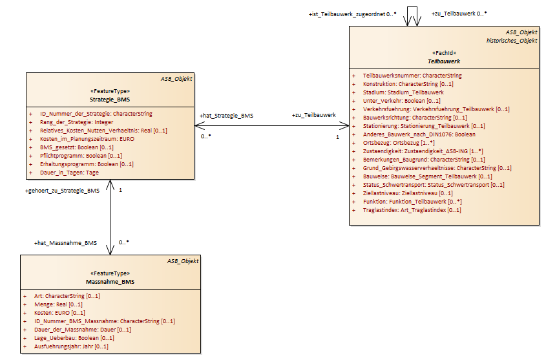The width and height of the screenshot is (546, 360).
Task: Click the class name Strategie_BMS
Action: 110,100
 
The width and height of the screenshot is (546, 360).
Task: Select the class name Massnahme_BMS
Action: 110,282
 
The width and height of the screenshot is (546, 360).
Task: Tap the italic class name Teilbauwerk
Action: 444,61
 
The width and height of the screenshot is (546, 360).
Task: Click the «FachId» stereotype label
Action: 444,53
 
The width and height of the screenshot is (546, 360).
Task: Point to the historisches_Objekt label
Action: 512,41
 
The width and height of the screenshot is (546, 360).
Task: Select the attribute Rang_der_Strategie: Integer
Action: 77,122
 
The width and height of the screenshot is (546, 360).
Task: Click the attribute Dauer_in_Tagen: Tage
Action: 69,173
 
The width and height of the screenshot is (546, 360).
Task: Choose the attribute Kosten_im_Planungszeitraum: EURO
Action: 87,139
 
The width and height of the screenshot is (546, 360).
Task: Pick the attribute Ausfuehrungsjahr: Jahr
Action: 71,346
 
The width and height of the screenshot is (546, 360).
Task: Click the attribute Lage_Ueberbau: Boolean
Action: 74,338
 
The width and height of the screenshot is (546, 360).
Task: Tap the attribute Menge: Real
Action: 58,304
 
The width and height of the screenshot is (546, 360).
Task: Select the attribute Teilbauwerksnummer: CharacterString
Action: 412,76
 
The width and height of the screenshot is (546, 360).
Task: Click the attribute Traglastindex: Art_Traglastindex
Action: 412,210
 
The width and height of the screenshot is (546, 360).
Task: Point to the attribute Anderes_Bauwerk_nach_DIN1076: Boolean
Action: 419,134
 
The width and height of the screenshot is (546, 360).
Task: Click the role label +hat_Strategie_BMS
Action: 226,116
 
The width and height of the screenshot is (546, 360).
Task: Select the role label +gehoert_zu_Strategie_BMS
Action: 62,191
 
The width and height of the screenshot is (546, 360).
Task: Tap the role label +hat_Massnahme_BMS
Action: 65,243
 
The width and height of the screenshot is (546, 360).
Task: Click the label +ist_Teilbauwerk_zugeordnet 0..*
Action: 352,14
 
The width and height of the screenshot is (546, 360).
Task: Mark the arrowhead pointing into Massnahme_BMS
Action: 110,250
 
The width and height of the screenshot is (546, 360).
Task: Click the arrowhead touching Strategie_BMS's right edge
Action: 200,125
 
